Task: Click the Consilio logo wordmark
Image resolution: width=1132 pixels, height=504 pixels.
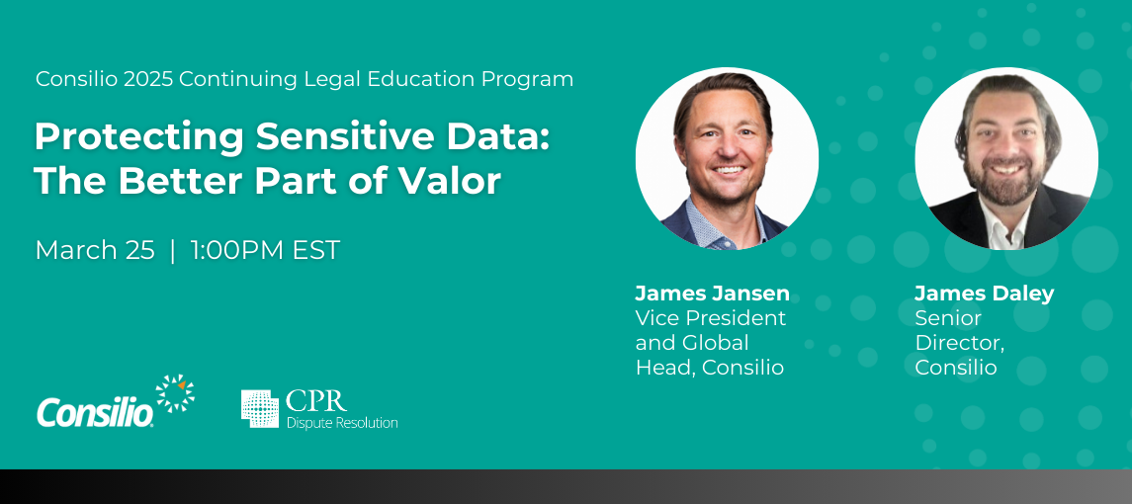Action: pyautogui.click(x=95, y=412)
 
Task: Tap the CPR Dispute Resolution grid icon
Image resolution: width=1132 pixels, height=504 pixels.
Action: pyautogui.click(x=260, y=409)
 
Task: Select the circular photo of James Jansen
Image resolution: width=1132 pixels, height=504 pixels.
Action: pyautogui.click(x=727, y=159)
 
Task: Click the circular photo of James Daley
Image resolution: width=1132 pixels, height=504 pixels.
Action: pyautogui.click(x=1006, y=159)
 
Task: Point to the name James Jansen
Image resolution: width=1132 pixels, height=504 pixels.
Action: pyautogui.click(x=713, y=294)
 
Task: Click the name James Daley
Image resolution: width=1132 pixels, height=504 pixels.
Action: pyautogui.click(x=984, y=294)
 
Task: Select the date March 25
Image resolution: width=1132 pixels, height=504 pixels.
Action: pyautogui.click(x=95, y=250)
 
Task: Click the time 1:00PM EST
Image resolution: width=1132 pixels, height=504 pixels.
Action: pyautogui.click(x=265, y=250)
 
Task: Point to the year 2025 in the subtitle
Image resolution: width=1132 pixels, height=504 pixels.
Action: pyautogui.click(x=148, y=79)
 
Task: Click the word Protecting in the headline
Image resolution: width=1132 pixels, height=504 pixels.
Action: pyautogui.click(x=138, y=138)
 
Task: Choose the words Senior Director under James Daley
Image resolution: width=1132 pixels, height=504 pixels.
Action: pyautogui.click(x=959, y=330)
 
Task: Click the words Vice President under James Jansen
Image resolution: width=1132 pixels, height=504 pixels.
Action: pyautogui.click(x=711, y=317)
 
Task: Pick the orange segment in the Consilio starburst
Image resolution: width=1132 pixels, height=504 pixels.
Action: pyautogui.click(x=181, y=383)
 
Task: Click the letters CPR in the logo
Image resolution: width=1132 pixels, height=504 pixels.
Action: pyautogui.click(x=316, y=401)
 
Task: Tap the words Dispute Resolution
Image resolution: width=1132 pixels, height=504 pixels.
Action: pyautogui.click(x=342, y=422)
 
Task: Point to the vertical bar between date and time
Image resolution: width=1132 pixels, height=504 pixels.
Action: pyautogui.click(x=173, y=251)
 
